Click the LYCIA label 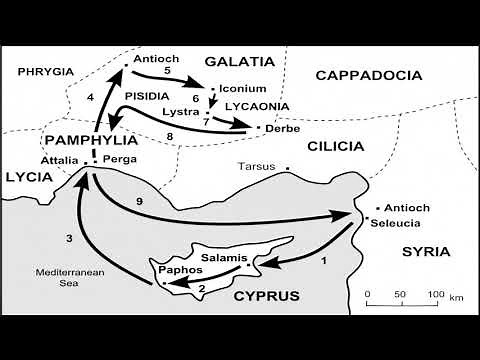(26, 176)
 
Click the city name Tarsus (257, 166)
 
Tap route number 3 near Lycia (69, 238)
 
